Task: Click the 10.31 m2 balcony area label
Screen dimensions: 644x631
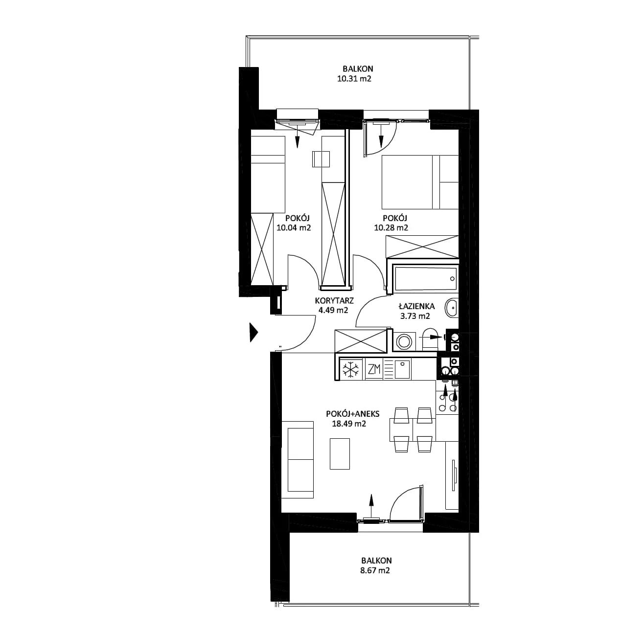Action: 354,79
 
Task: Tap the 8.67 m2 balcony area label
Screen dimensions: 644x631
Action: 375,570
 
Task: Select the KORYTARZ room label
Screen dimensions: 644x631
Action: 334,300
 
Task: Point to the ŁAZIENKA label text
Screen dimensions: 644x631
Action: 416,306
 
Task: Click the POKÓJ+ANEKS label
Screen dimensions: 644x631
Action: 352,414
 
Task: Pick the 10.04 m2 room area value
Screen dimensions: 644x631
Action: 294,228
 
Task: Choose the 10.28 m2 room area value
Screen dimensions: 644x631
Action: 391,228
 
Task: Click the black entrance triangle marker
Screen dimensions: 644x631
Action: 254,332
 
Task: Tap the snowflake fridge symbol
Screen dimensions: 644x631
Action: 351,370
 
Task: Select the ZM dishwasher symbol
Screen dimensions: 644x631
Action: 374,369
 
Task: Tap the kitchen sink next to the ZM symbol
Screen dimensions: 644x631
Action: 402,369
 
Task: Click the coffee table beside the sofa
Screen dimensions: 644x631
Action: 340,453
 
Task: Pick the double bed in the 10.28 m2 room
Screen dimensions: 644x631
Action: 420,182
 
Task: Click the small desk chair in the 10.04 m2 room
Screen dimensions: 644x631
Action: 321,159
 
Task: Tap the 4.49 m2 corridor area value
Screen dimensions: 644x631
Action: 333,310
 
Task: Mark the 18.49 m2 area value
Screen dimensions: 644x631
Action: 349,424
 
